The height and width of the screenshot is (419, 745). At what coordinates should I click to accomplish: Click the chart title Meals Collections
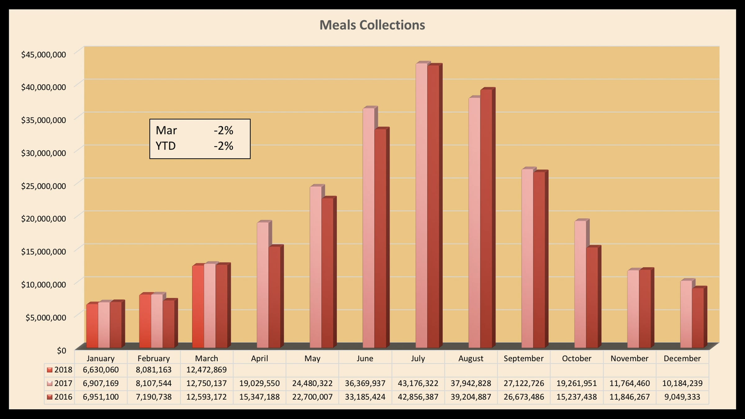(372, 25)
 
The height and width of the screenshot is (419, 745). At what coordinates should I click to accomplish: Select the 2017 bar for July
(422, 205)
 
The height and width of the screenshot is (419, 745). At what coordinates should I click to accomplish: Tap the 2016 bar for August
(486, 217)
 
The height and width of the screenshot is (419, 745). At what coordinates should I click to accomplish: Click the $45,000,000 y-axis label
(43, 55)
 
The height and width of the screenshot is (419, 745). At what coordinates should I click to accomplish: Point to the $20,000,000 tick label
(43, 219)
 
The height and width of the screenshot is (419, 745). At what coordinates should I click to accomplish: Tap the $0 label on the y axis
(61, 350)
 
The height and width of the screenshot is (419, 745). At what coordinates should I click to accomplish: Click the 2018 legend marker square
(50, 370)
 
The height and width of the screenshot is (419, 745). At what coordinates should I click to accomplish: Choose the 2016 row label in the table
(63, 397)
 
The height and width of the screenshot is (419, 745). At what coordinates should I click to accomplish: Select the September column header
(523, 358)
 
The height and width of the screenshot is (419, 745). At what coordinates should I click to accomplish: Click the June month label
(365, 358)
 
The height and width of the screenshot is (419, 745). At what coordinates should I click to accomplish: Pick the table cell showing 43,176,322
(418, 383)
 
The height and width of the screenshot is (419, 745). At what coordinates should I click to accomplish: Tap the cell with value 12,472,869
(206, 370)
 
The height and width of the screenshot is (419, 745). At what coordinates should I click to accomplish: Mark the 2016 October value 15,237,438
(576, 397)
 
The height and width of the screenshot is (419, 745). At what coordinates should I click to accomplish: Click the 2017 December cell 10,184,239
(682, 383)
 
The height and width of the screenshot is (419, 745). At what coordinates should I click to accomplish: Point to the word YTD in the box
(166, 146)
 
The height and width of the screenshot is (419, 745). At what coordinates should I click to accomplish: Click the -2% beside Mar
(223, 130)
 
